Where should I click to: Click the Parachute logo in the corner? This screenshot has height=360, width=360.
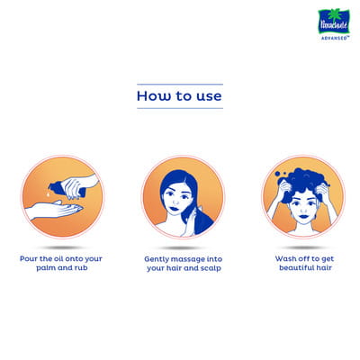coord(334,22)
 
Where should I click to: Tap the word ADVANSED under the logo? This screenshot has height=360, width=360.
coord(335,38)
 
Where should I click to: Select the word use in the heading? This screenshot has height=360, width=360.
coord(209,97)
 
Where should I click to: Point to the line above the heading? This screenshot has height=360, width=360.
coord(180,85)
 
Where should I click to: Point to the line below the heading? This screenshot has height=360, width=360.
coord(180,108)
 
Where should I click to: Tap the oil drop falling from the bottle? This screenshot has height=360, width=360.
coord(48,194)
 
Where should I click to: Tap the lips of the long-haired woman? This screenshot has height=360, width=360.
coord(174,209)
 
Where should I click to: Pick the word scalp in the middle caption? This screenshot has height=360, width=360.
coord(211,268)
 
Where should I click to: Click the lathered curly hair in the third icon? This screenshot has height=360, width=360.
coord(303,183)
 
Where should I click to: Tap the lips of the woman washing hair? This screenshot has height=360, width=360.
coord(303,216)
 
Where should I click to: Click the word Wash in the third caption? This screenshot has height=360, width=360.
coord(284,258)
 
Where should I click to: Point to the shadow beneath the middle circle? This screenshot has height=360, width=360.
coord(183,248)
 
